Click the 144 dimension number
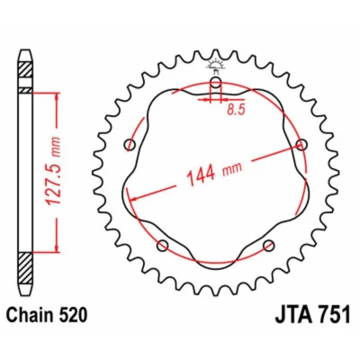click(x=201, y=175)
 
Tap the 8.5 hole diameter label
click(x=236, y=110)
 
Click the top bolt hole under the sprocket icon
click(x=215, y=83)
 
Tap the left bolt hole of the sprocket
click(x=130, y=145)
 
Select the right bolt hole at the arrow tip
click(x=301, y=145)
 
